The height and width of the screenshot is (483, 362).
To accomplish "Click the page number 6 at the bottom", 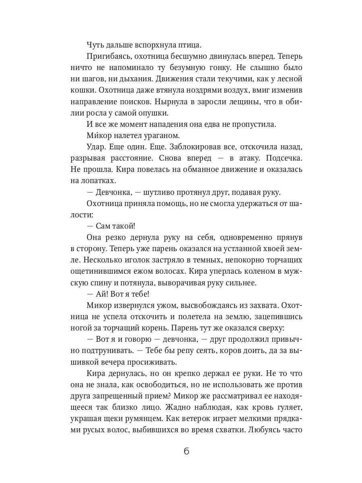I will pyautogui.click(x=186, y=451).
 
